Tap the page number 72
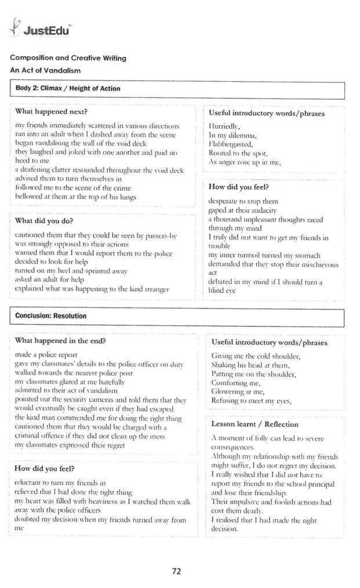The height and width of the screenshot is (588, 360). (177, 571)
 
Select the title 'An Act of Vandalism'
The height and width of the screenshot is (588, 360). (45, 70)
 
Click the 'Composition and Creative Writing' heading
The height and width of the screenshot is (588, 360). (68, 58)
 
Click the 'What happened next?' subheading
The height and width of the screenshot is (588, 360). (51, 111)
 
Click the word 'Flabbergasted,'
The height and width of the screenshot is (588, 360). (231, 144)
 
